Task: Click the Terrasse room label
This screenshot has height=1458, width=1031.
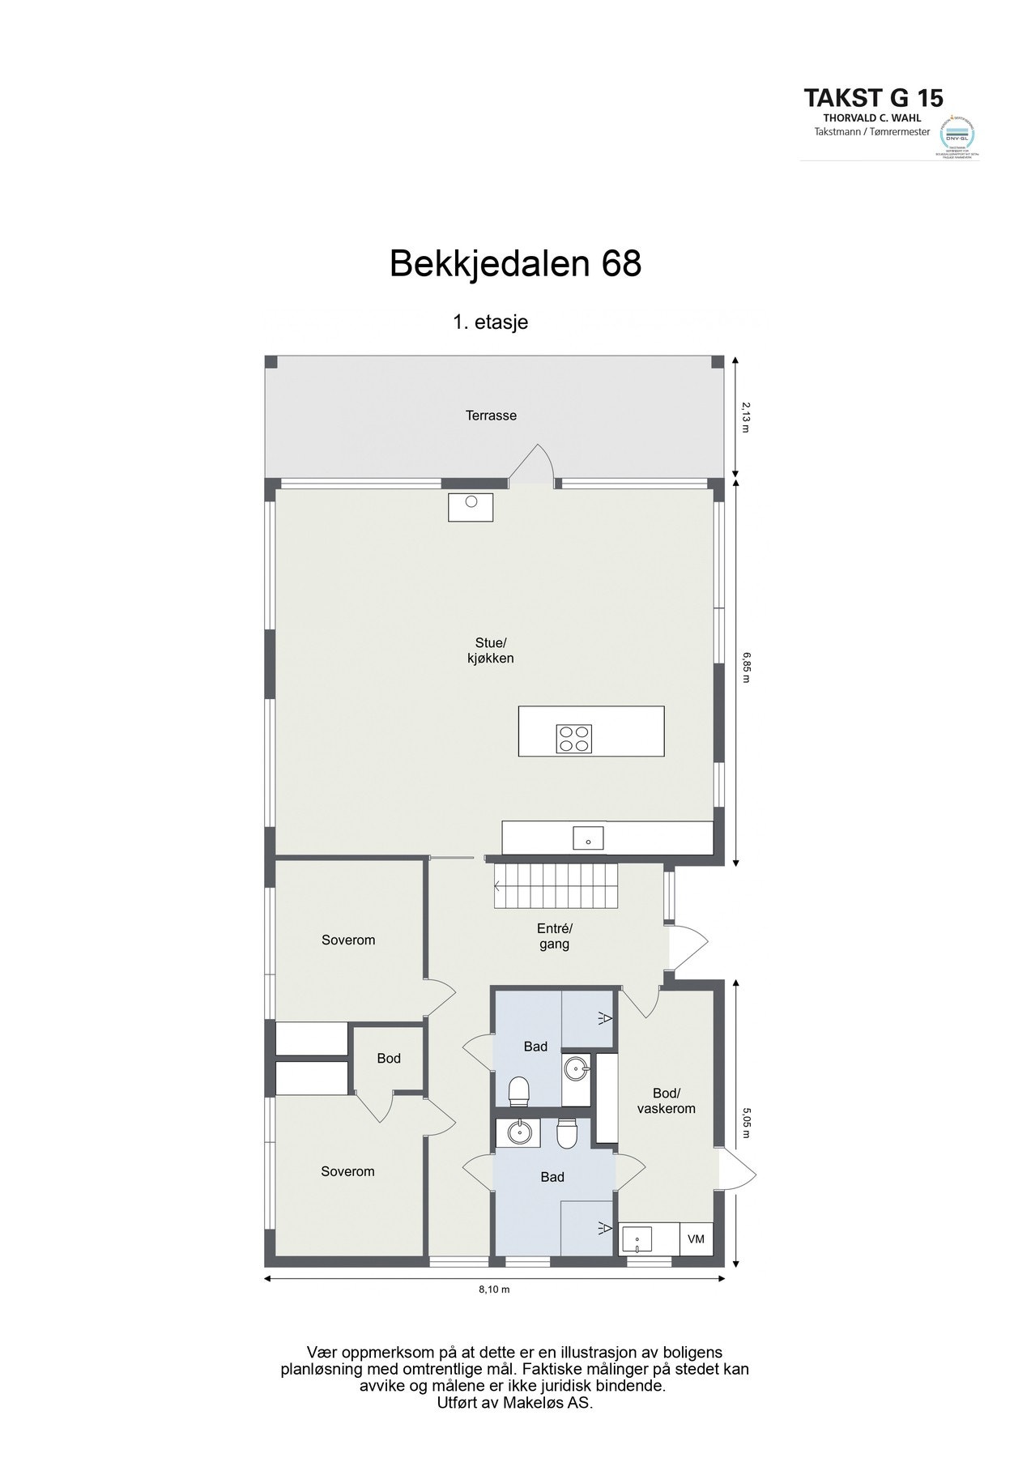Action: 491,416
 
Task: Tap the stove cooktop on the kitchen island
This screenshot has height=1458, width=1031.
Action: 574,738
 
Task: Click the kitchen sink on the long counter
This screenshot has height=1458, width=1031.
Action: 588,838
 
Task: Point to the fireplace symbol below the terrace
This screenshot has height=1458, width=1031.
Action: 471,507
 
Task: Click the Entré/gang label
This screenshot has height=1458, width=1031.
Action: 555,936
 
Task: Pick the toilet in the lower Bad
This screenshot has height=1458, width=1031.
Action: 566,1133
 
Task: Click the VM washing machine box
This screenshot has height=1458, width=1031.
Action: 696,1239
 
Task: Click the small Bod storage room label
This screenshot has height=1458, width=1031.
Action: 389,1059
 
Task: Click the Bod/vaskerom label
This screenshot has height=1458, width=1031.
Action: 666,1101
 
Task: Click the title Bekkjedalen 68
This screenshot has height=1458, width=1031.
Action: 515,263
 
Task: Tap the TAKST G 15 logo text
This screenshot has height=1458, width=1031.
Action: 872,99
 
